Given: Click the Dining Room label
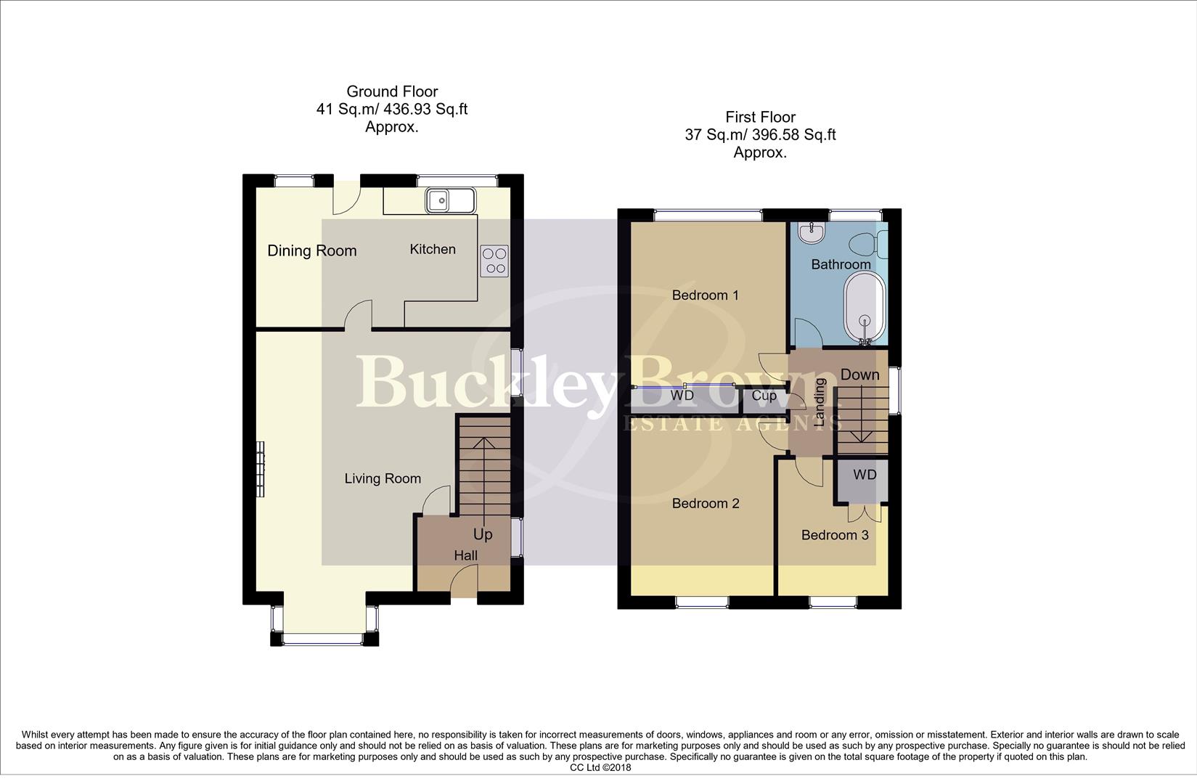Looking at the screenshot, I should [x=312, y=251].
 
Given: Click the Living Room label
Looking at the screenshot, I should [x=383, y=479].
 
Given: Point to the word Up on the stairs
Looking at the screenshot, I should [x=483, y=535].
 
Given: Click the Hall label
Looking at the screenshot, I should [x=466, y=556].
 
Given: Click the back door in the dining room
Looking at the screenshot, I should [x=346, y=196].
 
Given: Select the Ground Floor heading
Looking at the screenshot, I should [x=392, y=91].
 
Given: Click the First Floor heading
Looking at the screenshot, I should [x=760, y=117].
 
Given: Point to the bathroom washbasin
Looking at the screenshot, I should [x=810, y=232].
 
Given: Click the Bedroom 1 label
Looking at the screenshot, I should [x=705, y=295].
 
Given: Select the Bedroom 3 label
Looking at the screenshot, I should [x=835, y=536].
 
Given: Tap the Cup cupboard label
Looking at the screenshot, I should [x=764, y=396].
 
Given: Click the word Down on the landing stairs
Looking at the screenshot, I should [x=860, y=375].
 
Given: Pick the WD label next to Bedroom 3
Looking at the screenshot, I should [x=865, y=475].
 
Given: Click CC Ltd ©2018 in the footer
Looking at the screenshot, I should [x=600, y=767].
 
